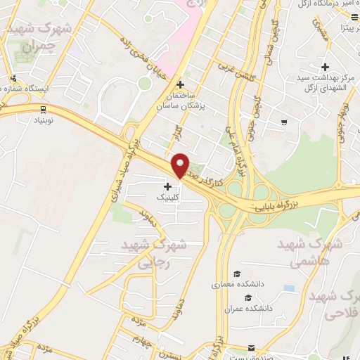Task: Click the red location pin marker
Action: pyautogui.click(x=181, y=165)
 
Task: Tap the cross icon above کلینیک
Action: pyautogui.click(x=167, y=186)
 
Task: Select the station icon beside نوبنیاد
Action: pyautogui.click(x=44, y=109)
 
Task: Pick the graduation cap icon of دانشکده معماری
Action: pyautogui.click(x=238, y=274)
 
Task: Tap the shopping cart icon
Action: pyautogui.click(x=283, y=122)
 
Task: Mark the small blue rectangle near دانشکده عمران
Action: pyautogui.click(x=288, y=288)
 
